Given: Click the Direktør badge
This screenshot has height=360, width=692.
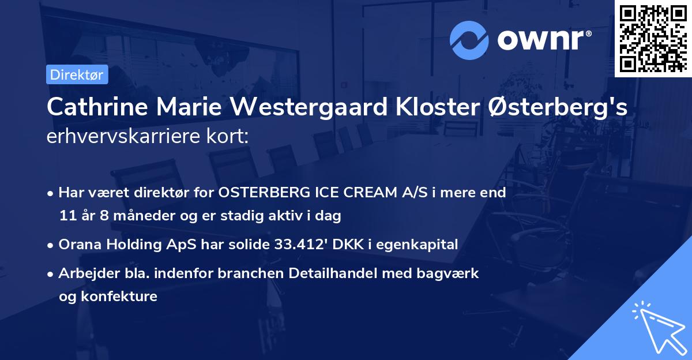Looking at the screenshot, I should pyautogui.click(x=77, y=74).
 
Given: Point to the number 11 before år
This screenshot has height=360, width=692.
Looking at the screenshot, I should pyautogui.click(x=67, y=216).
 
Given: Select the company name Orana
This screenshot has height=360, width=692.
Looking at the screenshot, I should pyautogui.click(x=78, y=245).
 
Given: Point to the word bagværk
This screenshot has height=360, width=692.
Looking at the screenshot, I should pyautogui.click(x=454, y=273).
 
